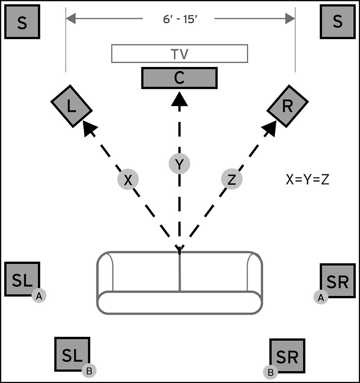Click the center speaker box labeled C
click(179, 78)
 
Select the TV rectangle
click(179, 54)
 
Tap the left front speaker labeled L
click(71, 106)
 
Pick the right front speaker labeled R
click(287, 106)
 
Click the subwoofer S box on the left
click(22, 22)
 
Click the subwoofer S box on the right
click(337, 22)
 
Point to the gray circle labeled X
click(128, 180)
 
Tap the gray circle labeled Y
click(179, 164)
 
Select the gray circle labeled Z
click(231, 179)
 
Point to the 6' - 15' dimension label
click(179, 19)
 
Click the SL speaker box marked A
click(22, 279)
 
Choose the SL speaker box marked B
click(72, 354)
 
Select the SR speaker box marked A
click(338, 281)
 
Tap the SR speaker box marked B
click(287, 356)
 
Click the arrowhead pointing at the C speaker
click(179, 99)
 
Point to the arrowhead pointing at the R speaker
click(270, 128)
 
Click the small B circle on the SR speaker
click(271, 372)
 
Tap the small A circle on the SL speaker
click(39, 296)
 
